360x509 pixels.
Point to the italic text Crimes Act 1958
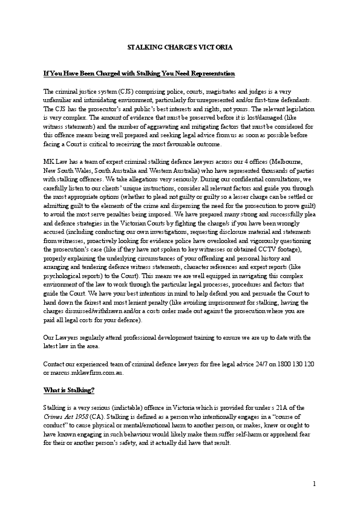point(65,417)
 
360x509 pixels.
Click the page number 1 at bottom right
point(315,484)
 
